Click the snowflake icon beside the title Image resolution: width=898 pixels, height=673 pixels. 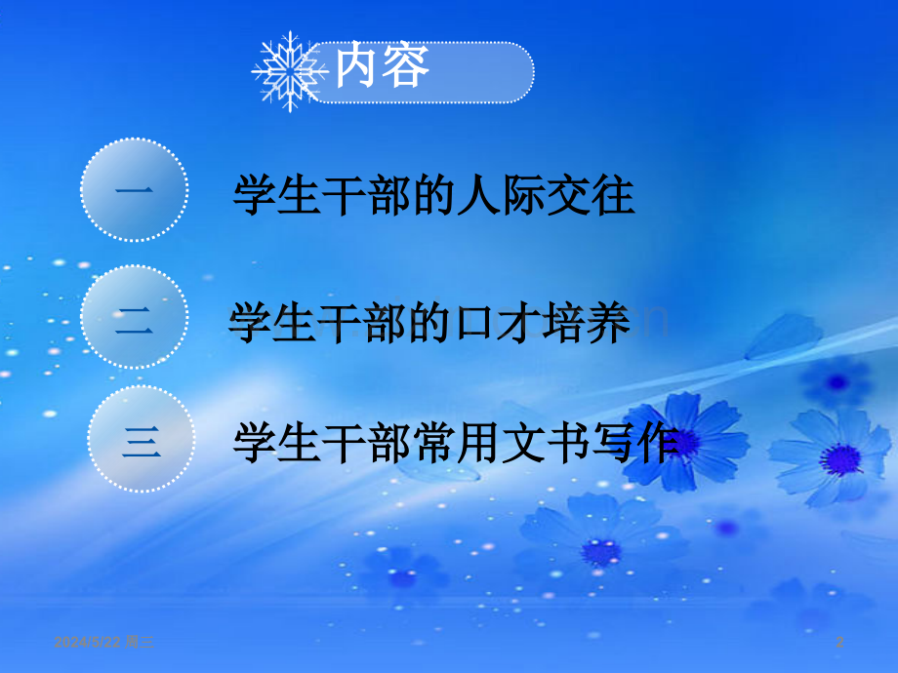click(290, 70)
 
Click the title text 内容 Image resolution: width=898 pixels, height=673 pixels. click(382, 68)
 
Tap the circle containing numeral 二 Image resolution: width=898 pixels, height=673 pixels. click(134, 322)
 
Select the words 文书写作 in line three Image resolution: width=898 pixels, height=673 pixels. click(595, 444)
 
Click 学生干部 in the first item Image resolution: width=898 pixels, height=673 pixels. click(313, 195)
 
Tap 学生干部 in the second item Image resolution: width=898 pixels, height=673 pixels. click(308, 324)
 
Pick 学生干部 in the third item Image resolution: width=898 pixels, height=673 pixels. click(313, 444)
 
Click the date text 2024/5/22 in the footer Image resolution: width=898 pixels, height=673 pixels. click(89, 642)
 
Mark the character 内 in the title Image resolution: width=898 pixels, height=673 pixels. click(357, 68)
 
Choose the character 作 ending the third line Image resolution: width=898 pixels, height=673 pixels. click(656, 444)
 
